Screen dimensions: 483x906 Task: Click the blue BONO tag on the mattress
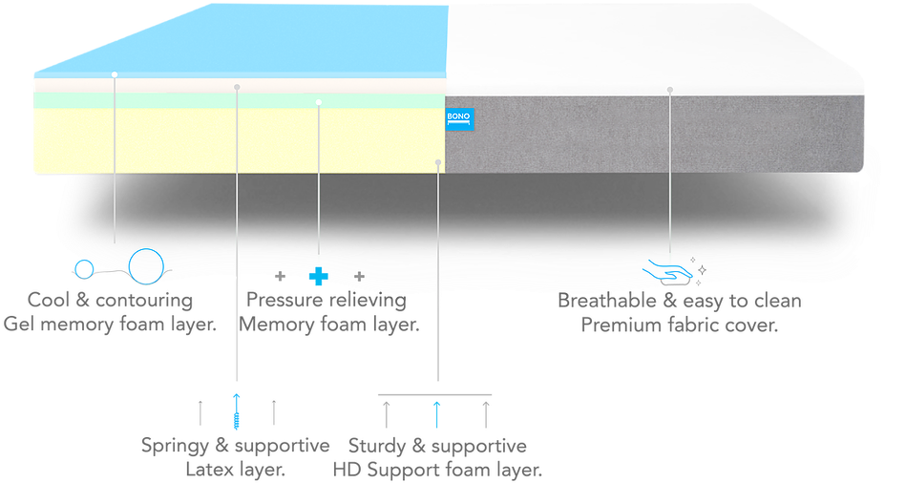460,121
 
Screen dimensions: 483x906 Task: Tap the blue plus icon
319,277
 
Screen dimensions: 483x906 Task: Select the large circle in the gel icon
146,264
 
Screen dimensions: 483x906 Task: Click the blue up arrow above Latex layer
236,409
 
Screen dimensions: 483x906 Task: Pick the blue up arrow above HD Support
436,414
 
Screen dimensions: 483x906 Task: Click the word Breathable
603,302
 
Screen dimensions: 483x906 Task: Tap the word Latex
206,470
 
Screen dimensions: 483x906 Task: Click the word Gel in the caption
20,325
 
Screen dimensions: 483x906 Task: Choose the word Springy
176,446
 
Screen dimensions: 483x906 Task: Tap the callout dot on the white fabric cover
670,90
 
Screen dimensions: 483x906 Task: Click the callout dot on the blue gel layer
114,73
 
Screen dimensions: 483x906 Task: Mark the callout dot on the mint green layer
319,101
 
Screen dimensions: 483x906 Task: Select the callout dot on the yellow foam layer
437,162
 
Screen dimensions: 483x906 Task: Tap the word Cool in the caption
47,302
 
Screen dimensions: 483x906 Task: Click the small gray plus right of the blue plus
359,277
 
